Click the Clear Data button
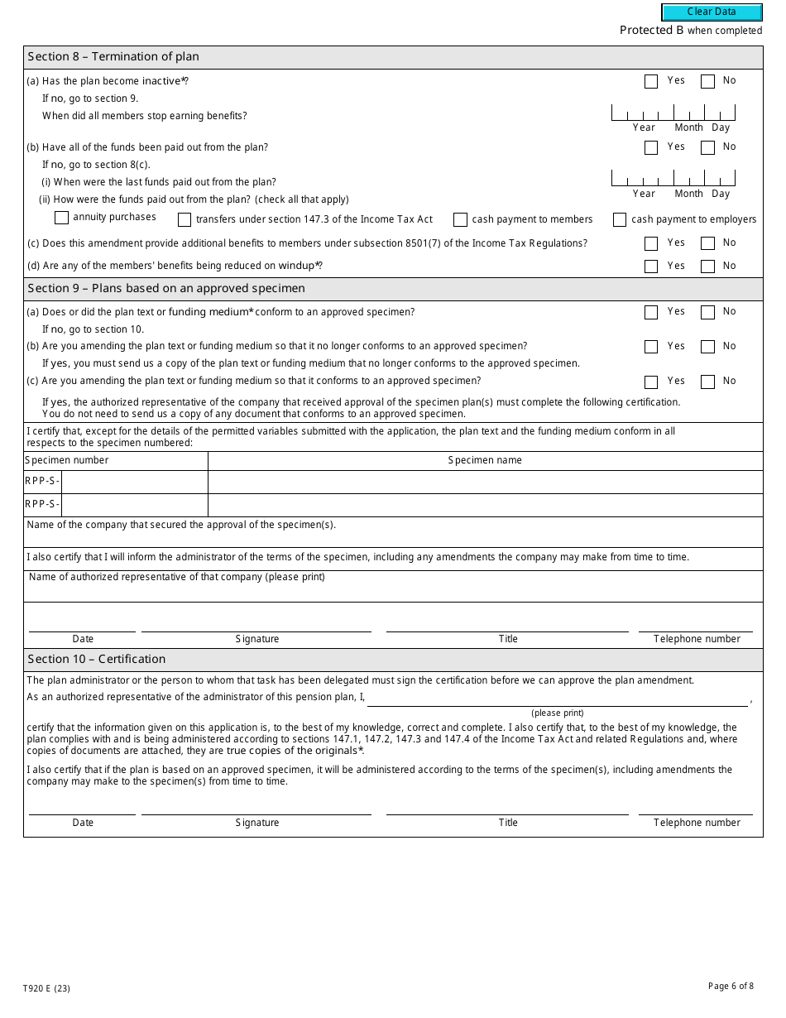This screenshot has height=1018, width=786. pyautogui.click(x=712, y=12)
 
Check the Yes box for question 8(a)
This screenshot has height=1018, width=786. pyautogui.click(x=651, y=81)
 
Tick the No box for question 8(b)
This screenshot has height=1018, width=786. pyautogui.click(x=707, y=147)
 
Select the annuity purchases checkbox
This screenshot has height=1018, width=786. pyautogui.click(x=61, y=218)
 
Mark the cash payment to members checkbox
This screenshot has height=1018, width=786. pyautogui.click(x=460, y=219)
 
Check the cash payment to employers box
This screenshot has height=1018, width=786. pyautogui.click(x=620, y=219)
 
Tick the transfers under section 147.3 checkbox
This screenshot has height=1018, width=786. pyautogui.click(x=184, y=219)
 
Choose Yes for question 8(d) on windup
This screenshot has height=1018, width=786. pyautogui.click(x=651, y=267)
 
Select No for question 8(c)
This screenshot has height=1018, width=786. pyautogui.click(x=707, y=243)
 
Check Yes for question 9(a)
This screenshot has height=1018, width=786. pyautogui.click(x=651, y=312)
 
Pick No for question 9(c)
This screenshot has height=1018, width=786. pyautogui.click(x=707, y=382)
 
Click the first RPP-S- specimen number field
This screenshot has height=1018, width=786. pyautogui.click(x=134, y=482)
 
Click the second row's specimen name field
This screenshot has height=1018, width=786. pyautogui.click(x=485, y=505)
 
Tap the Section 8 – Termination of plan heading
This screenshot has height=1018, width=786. pyautogui.click(x=113, y=57)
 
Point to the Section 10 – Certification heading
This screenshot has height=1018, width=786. pyautogui.click(x=97, y=660)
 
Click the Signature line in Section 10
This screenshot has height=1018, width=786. pyautogui.click(x=256, y=807)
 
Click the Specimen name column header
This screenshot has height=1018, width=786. pyautogui.click(x=485, y=460)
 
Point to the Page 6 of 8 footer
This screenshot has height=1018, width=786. pyautogui.click(x=731, y=986)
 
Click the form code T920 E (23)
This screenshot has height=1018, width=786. pyautogui.click(x=46, y=988)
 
